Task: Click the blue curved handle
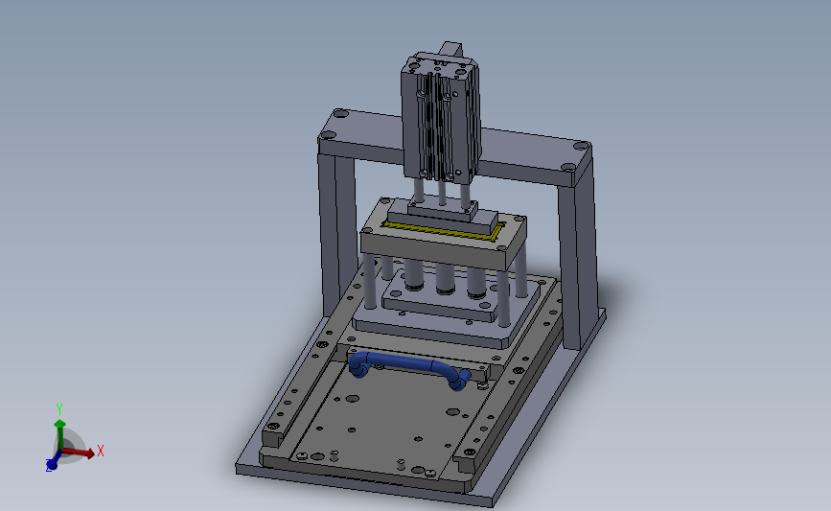tap(408, 363)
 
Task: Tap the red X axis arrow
tap(79, 452)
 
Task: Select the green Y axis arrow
tap(59, 434)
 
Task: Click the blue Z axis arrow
tap(54, 460)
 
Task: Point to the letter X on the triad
tap(101, 451)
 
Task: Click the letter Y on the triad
tap(59, 408)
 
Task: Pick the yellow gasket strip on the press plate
tap(443, 231)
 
